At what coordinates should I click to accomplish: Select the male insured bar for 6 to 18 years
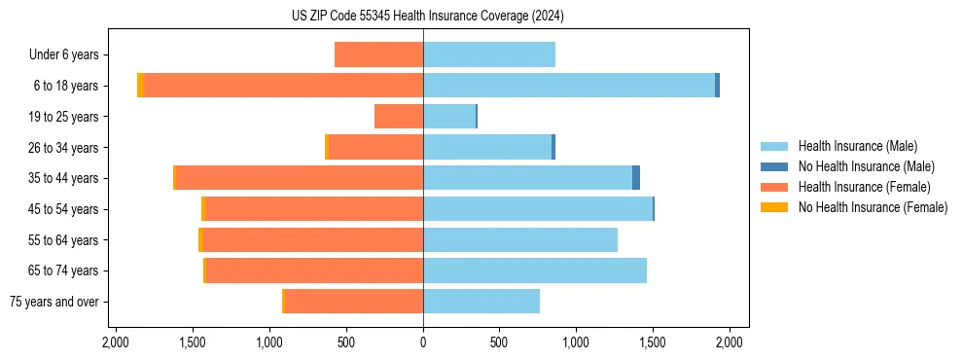click(569, 86)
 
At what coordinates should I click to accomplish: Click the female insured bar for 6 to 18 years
click(283, 86)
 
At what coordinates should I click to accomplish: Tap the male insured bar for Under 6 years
click(489, 54)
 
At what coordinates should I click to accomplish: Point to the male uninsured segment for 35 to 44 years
click(636, 178)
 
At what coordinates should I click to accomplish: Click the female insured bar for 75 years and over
click(353, 302)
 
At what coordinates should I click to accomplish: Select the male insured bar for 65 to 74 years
click(535, 270)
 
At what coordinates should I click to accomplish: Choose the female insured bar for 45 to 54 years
click(314, 209)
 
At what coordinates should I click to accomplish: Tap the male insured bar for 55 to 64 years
click(520, 240)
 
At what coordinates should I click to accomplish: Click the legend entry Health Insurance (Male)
click(857, 146)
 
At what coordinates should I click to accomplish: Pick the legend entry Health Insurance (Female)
click(864, 187)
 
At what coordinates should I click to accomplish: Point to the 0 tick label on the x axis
click(423, 342)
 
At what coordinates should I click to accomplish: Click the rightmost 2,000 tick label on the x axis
click(730, 342)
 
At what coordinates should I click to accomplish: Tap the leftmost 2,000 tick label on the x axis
click(116, 342)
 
